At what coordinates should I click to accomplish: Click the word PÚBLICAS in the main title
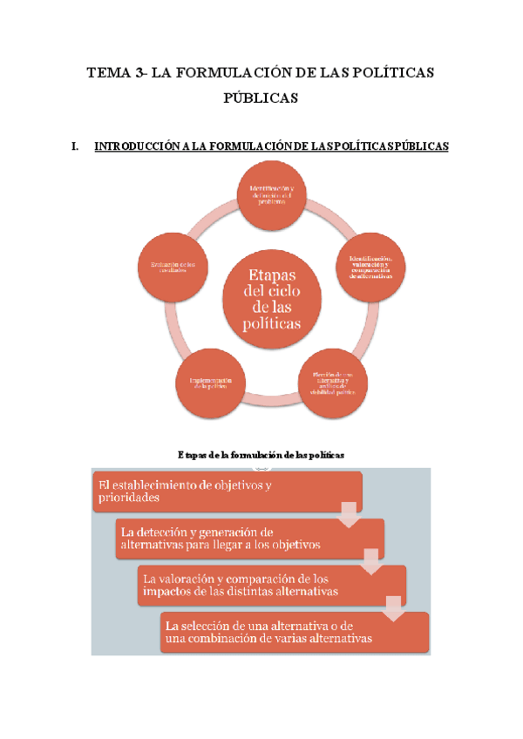261,98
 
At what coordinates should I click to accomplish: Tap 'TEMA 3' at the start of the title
115,73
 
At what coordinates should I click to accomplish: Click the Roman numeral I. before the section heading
75,147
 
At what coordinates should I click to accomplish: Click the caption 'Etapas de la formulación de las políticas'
261,455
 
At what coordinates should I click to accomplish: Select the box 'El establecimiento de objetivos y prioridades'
225,492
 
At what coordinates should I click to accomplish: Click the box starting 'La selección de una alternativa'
294,632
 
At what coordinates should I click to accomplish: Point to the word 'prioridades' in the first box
129,499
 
